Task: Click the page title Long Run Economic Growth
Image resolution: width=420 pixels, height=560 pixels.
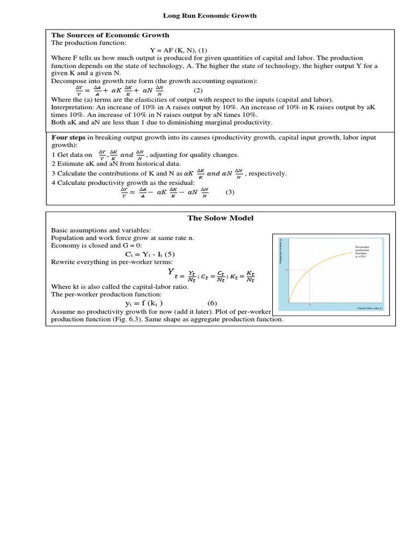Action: (x=210, y=16)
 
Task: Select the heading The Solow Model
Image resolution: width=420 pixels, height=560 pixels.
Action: (x=220, y=218)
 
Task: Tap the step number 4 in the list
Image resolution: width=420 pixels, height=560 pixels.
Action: (x=53, y=182)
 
